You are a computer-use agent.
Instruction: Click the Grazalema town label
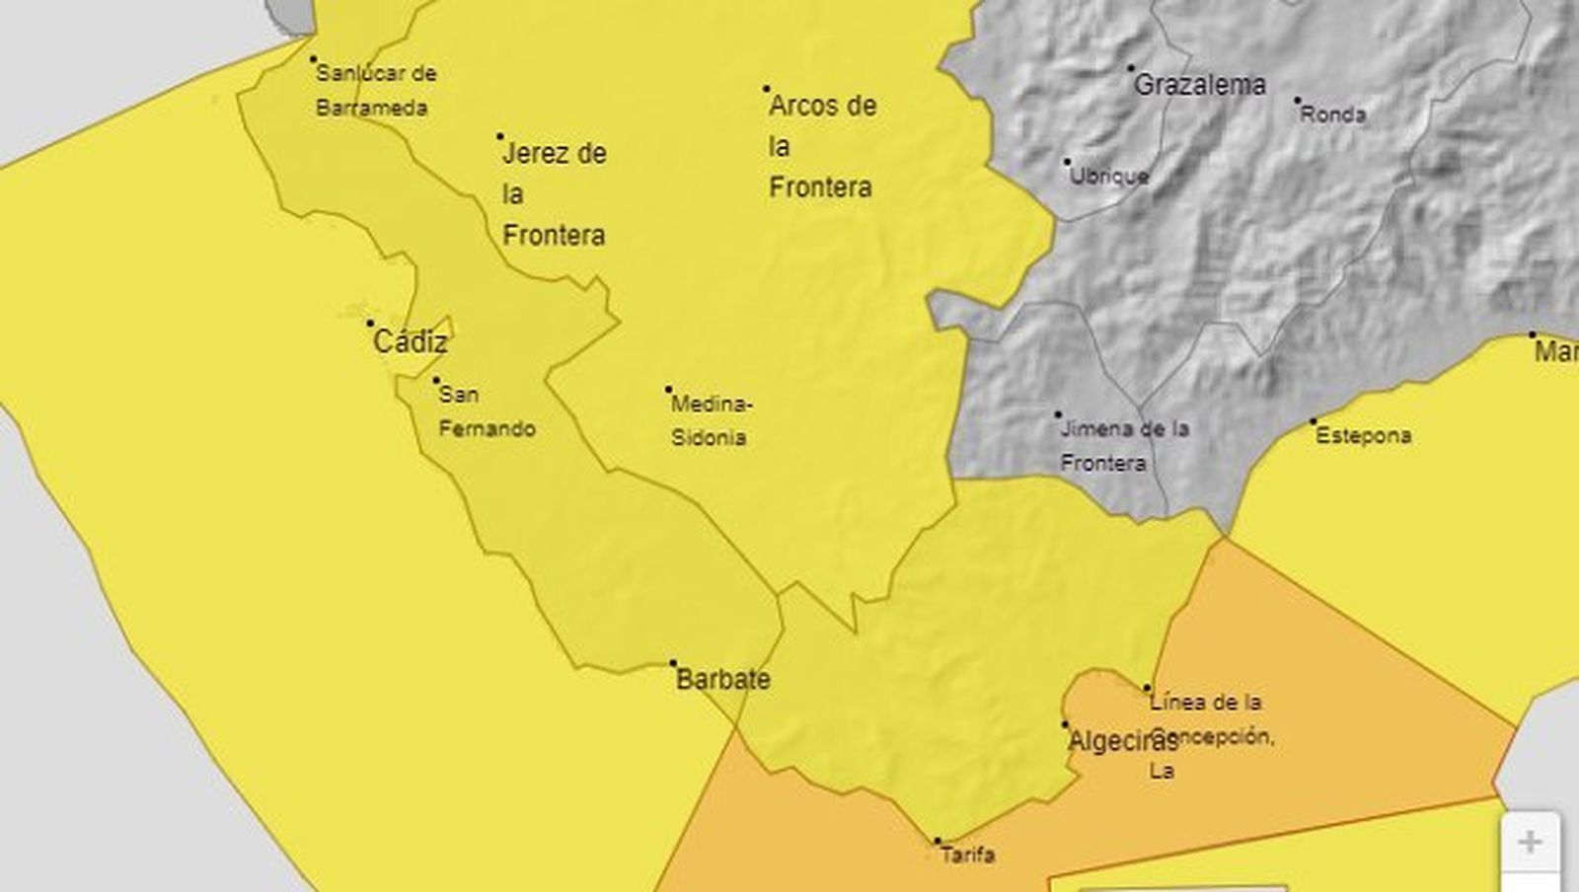pyautogui.click(x=1199, y=85)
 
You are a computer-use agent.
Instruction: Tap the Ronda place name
pyautogui.click(x=1333, y=114)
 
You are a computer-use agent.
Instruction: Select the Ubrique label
pyautogui.click(x=1109, y=176)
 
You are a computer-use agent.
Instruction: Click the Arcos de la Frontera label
pyautogui.click(x=821, y=146)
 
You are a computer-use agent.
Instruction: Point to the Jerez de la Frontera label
pyautogui.click(x=554, y=193)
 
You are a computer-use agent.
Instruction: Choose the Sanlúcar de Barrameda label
pyautogui.click(x=374, y=90)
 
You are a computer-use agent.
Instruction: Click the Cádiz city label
pyautogui.click(x=411, y=342)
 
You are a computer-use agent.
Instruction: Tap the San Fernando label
pyautogui.click(x=486, y=411)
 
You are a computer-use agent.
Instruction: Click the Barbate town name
pyautogui.click(x=722, y=679)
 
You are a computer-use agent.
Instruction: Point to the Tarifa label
pyautogui.click(x=967, y=855)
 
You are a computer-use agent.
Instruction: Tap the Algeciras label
pyautogui.click(x=1123, y=741)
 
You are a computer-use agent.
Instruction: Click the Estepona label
pyautogui.click(x=1363, y=435)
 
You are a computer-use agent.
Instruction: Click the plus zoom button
pyautogui.click(x=1530, y=843)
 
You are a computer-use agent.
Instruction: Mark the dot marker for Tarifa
pyautogui.click(x=938, y=842)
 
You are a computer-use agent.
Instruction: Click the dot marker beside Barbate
pyautogui.click(x=674, y=663)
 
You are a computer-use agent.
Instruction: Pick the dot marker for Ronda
pyautogui.click(x=1297, y=101)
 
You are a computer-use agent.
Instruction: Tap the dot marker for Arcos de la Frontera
pyautogui.click(x=766, y=89)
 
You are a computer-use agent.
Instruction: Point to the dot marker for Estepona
pyautogui.click(x=1314, y=421)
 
